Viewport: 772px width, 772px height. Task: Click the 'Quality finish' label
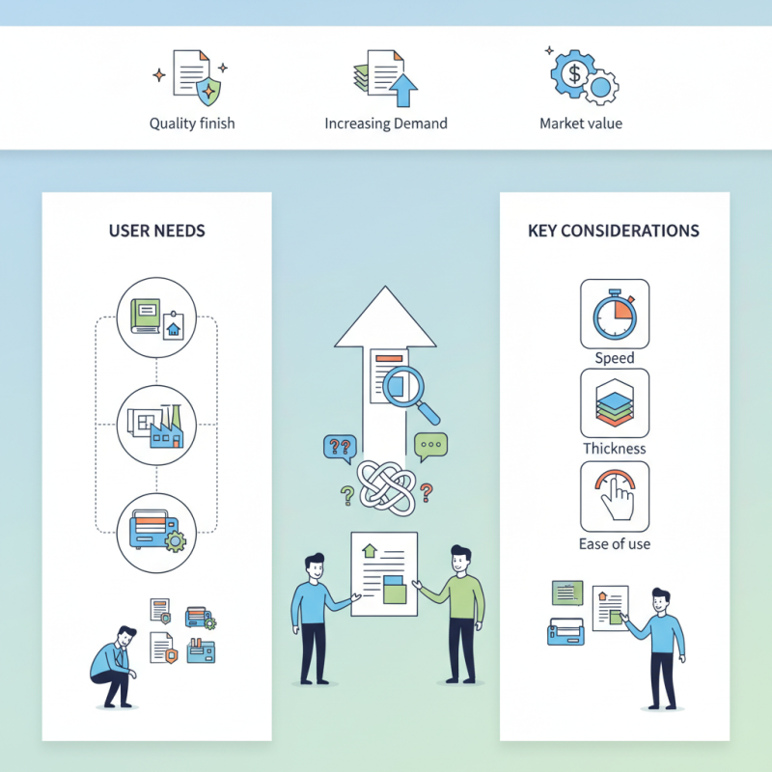coord(192,124)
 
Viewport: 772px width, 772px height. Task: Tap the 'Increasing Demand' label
coord(386,124)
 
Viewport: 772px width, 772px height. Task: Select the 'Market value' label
coord(581,124)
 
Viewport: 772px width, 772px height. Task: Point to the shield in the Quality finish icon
coord(207,91)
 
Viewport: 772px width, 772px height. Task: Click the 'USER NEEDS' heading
coord(157,232)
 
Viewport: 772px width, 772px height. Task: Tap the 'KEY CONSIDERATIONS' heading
coord(614,232)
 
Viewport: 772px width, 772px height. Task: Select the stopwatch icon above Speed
coord(615,314)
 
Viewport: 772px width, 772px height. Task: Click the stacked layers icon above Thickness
coord(615,403)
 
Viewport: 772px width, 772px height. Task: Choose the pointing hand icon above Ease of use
coord(615,494)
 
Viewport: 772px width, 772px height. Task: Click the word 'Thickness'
coord(615,449)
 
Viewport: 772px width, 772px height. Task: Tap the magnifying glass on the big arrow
coord(407,390)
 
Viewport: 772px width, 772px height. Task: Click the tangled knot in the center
coord(386,482)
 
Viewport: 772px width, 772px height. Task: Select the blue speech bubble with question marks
coord(340,447)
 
